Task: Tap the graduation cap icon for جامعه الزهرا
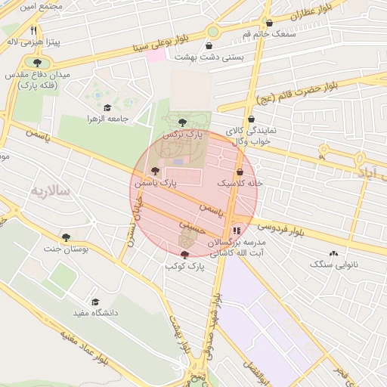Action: click(107, 108)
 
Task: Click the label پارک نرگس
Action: click(184, 133)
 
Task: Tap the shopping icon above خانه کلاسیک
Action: click(240, 172)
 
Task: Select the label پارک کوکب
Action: click(185, 266)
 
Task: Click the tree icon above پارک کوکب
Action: click(185, 255)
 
